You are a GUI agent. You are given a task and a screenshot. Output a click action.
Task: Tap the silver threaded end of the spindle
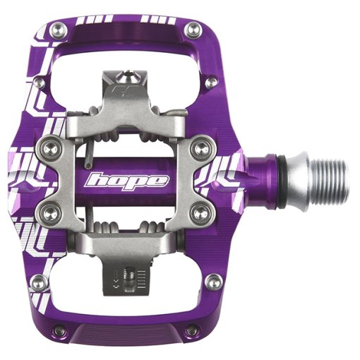pos(330,179)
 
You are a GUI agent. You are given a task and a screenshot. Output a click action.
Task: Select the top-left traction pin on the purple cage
pos(59,30)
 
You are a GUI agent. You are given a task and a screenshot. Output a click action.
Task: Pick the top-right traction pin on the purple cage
pos(193,30)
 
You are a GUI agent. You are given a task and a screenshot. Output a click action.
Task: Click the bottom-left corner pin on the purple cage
pos(59,331)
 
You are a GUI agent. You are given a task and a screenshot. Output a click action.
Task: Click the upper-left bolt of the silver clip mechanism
pos(49,148)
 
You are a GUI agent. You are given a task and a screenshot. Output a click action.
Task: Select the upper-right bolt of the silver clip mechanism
pos(200,148)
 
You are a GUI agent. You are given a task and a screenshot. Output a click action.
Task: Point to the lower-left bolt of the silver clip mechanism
pos(49,214)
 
